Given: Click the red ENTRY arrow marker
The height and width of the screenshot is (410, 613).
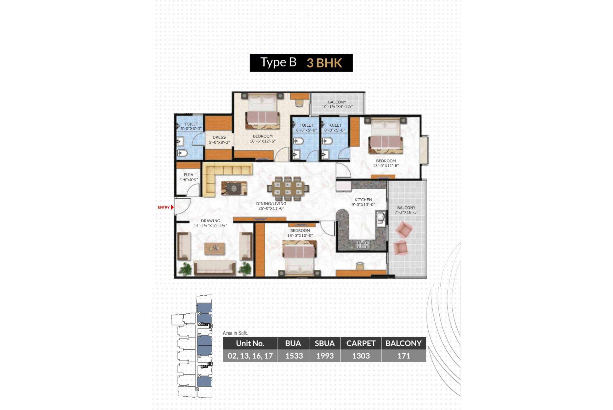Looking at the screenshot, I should [x=172, y=207].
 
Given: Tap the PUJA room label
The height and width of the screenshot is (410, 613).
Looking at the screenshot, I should [x=188, y=175].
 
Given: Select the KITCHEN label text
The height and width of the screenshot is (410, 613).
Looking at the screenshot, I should [x=363, y=200].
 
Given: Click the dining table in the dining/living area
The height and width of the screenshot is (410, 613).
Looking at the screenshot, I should [x=288, y=189].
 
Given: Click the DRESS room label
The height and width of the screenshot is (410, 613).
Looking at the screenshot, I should [x=219, y=137].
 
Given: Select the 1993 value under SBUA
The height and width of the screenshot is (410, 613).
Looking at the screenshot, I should [x=325, y=356].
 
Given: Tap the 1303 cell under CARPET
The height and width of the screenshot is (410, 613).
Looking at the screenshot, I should [x=361, y=356].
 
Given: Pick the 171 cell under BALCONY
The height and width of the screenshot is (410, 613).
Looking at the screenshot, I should [x=403, y=356].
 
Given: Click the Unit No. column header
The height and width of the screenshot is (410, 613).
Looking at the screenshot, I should [x=250, y=343].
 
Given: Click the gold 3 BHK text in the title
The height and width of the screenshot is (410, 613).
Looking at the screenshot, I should [x=324, y=63].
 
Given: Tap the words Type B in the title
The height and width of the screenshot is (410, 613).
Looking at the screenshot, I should [x=278, y=62].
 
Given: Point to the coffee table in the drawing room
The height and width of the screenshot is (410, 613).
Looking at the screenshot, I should [x=215, y=248].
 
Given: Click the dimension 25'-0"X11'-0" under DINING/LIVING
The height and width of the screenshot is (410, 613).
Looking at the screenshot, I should [x=271, y=208].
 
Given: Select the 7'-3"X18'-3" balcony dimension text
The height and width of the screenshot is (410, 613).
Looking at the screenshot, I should [x=406, y=212].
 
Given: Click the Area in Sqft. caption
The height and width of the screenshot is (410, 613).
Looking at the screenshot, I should [x=235, y=333].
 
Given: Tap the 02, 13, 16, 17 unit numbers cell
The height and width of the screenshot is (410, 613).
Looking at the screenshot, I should [x=250, y=356].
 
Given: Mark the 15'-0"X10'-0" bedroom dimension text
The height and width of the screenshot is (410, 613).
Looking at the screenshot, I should [x=300, y=236].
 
